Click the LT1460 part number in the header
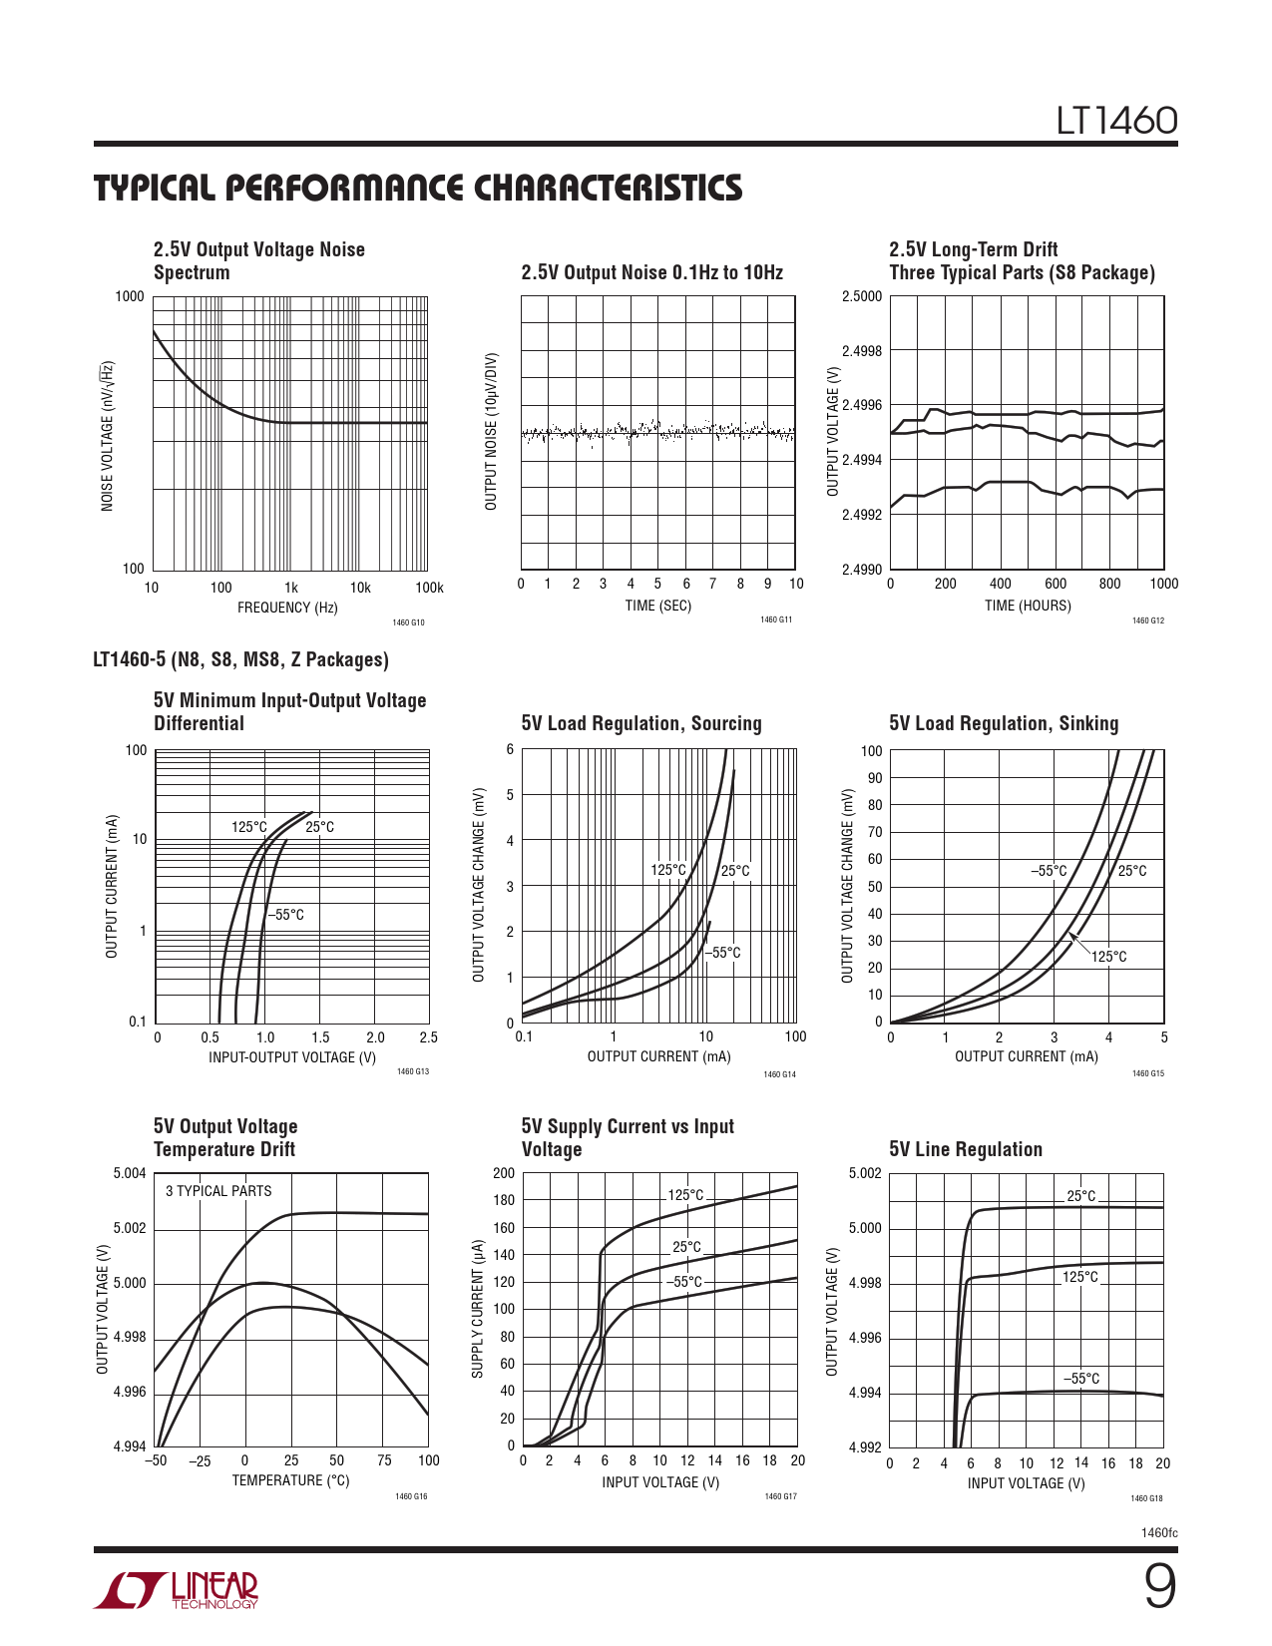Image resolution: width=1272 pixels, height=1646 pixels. [x=1117, y=121]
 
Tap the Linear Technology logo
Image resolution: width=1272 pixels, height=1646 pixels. [x=177, y=1591]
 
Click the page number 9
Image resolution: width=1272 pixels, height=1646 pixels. [x=1159, y=1588]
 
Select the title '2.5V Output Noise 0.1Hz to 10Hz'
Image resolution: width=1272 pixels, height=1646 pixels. [x=651, y=272]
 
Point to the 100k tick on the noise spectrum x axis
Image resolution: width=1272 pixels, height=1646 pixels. [x=429, y=588]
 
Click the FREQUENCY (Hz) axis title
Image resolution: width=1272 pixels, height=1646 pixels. [x=287, y=608]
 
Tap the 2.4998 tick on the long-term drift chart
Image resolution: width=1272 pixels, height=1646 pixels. [x=862, y=351]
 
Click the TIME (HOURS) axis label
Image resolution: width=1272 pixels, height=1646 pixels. [x=1028, y=606]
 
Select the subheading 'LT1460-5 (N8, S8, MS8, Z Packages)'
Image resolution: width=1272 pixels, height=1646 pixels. [x=240, y=659]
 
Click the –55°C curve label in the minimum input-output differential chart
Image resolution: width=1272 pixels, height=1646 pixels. [x=285, y=915]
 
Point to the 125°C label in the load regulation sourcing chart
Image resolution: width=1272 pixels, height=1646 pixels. [x=668, y=870]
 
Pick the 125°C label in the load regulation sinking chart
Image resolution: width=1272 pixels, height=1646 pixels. [x=1108, y=957]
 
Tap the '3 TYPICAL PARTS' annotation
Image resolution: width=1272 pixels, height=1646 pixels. [x=218, y=1191]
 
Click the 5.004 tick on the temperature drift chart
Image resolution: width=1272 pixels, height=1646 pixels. [x=130, y=1173]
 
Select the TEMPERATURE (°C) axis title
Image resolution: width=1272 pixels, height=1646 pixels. [x=290, y=1480]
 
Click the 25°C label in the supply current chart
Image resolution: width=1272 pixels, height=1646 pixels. [x=686, y=1247]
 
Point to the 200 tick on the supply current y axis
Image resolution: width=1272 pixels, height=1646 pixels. [x=504, y=1173]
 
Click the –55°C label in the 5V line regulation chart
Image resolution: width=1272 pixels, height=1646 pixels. [x=1081, y=1379]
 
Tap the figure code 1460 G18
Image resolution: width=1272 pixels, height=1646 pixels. [x=1146, y=1498]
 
